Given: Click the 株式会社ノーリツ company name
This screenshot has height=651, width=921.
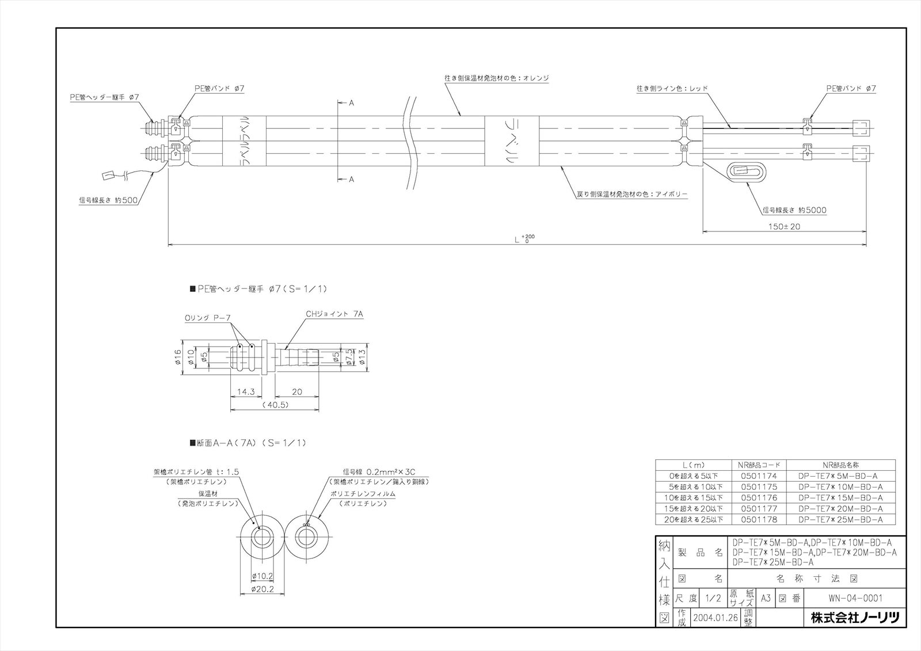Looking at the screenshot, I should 854,618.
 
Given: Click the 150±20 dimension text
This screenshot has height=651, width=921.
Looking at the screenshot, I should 784,227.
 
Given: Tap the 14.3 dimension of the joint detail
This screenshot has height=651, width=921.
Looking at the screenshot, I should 246,392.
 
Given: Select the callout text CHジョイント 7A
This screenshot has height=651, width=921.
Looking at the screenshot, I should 334,314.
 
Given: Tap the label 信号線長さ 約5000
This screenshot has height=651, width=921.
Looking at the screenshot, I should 794,211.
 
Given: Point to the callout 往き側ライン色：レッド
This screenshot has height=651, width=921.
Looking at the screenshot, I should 671,89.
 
